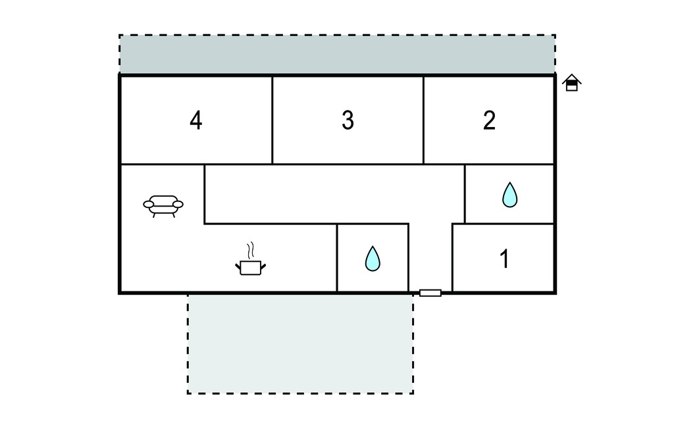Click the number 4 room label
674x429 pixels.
coord(196,120)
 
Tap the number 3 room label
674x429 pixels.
coord(348,120)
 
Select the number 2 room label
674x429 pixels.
coord(489,120)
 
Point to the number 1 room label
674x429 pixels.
coord(504,259)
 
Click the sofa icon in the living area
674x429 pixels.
coord(163,206)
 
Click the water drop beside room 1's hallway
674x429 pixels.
coord(373,259)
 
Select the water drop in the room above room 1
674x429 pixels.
coord(510,195)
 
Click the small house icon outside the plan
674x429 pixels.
coord(572,82)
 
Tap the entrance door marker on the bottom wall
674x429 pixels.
coord(430,293)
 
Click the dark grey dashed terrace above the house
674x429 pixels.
coord(338,55)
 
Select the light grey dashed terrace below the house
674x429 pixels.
coord(300,343)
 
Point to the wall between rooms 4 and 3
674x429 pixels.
coord(272,120)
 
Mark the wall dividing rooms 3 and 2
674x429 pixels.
coord(423,120)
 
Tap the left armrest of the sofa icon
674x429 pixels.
coord(149,204)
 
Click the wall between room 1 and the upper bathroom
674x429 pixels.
coord(503,224)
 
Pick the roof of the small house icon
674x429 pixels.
coord(572,78)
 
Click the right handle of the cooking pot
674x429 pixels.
coord(263,266)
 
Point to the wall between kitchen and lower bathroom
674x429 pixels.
coord(337,258)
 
